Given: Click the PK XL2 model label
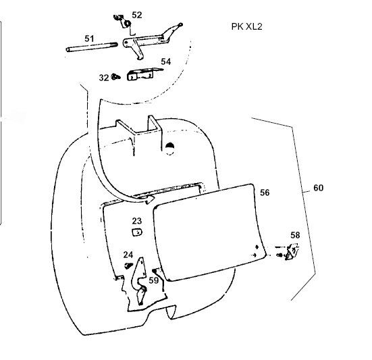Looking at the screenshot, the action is click(246, 26).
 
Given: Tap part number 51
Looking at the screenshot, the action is click(89, 38).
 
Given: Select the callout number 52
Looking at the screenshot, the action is click(136, 15).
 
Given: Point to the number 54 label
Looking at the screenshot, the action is click(166, 61).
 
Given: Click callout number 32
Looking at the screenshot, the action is click(104, 78).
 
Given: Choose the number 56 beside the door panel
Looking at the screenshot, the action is click(265, 192).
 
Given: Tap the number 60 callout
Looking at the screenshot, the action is click(319, 188).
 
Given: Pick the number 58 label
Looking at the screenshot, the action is click(295, 235).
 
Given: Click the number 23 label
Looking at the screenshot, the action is click(136, 221).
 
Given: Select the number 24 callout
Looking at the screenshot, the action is click(128, 255).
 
